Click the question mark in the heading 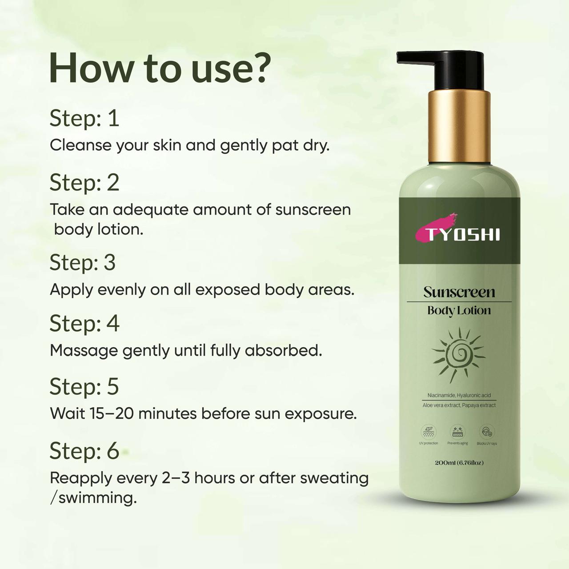coord(256,68)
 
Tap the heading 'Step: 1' coord(84,118)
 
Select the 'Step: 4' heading coord(84,323)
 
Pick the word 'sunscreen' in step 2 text coord(313,209)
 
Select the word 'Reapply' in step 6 coord(80,478)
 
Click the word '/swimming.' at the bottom coord(93,498)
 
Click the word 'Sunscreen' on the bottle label coord(459,292)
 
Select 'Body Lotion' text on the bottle coord(459,310)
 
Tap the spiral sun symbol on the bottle coord(458,354)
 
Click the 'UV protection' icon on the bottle coord(429,432)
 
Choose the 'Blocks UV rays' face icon coord(487,432)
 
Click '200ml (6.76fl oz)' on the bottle coord(459,463)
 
